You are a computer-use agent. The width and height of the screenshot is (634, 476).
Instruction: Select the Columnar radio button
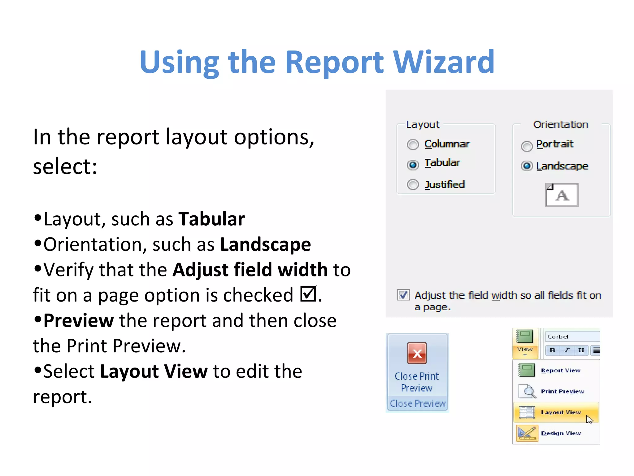tap(413, 144)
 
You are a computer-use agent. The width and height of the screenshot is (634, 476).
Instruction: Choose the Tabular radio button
tap(413, 165)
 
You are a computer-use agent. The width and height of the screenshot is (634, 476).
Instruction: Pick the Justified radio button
tap(413, 185)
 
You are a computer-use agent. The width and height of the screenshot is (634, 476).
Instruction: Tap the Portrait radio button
tap(527, 146)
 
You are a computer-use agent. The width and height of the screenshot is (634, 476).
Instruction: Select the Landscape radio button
tap(527, 166)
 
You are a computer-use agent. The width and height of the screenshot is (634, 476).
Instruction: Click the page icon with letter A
tap(562, 195)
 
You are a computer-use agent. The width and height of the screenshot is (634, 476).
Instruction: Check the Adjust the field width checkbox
tap(403, 295)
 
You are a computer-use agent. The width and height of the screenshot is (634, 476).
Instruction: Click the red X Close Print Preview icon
tap(417, 353)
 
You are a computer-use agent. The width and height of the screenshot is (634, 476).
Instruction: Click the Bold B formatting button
tap(552, 350)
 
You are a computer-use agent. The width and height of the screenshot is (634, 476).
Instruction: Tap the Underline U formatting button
tap(581, 350)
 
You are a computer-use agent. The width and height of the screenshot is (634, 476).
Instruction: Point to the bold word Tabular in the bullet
tap(211, 219)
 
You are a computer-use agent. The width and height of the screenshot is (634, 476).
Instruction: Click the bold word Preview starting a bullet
tap(79, 320)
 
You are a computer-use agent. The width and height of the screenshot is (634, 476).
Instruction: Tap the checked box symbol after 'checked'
tap(308, 294)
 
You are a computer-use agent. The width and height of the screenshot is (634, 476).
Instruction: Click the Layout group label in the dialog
tap(423, 125)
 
